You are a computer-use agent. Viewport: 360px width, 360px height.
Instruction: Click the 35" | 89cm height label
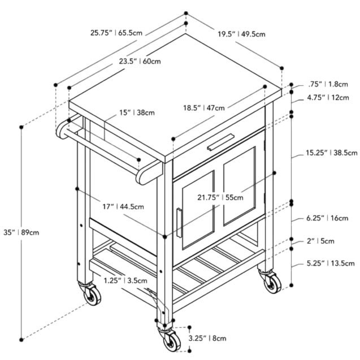coord(21,232)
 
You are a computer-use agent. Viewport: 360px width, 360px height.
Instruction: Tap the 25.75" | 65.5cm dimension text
coord(116,33)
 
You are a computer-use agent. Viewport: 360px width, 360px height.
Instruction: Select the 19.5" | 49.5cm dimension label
coord(241,34)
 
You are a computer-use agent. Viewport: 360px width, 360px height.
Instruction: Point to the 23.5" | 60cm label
coord(140,61)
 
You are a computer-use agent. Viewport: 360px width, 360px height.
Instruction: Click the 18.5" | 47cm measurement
coord(204,108)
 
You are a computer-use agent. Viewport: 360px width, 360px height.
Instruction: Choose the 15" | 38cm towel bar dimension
coord(137,112)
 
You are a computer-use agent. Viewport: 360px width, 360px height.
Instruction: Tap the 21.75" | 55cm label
coord(220,197)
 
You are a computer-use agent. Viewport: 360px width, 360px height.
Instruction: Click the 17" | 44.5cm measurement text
coord(123,207)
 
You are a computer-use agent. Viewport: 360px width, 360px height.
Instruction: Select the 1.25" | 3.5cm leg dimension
coord(125,280)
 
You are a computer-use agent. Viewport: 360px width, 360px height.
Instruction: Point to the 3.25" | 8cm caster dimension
coord(207,338)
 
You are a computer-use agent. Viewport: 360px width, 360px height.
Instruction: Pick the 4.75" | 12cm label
coord(328,98)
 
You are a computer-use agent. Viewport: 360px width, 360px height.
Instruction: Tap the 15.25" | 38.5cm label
coord(332,153)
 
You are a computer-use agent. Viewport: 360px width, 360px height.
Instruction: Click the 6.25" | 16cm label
coord(327,218)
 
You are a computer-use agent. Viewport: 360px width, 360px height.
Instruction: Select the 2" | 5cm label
coord(320,241)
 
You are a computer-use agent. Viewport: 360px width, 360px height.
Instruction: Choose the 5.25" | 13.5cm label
coord(331,263)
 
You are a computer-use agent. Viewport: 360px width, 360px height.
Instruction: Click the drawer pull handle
coord(220,142)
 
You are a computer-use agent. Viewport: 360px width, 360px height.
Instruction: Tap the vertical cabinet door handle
coord(179,223)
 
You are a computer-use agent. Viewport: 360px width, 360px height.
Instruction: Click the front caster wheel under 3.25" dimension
coord(171,341)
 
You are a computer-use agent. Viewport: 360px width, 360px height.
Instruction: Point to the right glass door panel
coord(239,186)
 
